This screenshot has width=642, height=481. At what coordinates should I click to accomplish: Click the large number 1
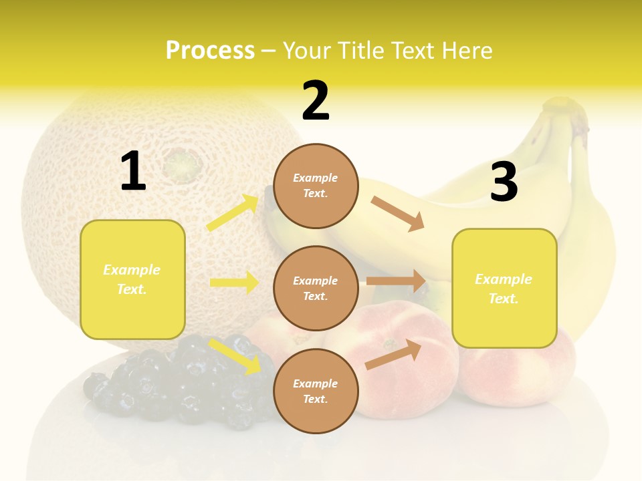pos(133,172)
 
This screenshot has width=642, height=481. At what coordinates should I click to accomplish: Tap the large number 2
pos(316,101)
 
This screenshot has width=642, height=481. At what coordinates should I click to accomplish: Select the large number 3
pos(504,182)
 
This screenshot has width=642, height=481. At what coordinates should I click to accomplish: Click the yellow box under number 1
pos(132,279)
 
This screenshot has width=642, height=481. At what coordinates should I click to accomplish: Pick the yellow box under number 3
pos(504,288)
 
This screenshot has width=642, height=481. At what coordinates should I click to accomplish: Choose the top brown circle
pos(316,186)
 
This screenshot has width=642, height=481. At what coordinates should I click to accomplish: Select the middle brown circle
pos(316,288)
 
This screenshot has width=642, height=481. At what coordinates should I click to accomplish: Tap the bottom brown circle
pos(316,391)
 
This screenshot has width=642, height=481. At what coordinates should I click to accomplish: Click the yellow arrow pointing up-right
pos(233,212)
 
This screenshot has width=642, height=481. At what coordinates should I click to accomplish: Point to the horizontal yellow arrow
pos(234,283)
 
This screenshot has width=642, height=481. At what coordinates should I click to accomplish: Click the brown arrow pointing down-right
pos(398,214)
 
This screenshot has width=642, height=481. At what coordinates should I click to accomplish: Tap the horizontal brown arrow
pos(396,281)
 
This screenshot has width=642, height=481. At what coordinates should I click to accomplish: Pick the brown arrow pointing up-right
pos(394,354)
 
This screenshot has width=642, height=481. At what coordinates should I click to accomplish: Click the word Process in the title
pos(210,50)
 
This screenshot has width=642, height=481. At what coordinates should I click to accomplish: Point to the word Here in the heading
pos(466,50)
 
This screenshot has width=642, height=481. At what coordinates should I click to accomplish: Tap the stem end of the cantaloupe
pos(179,162)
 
